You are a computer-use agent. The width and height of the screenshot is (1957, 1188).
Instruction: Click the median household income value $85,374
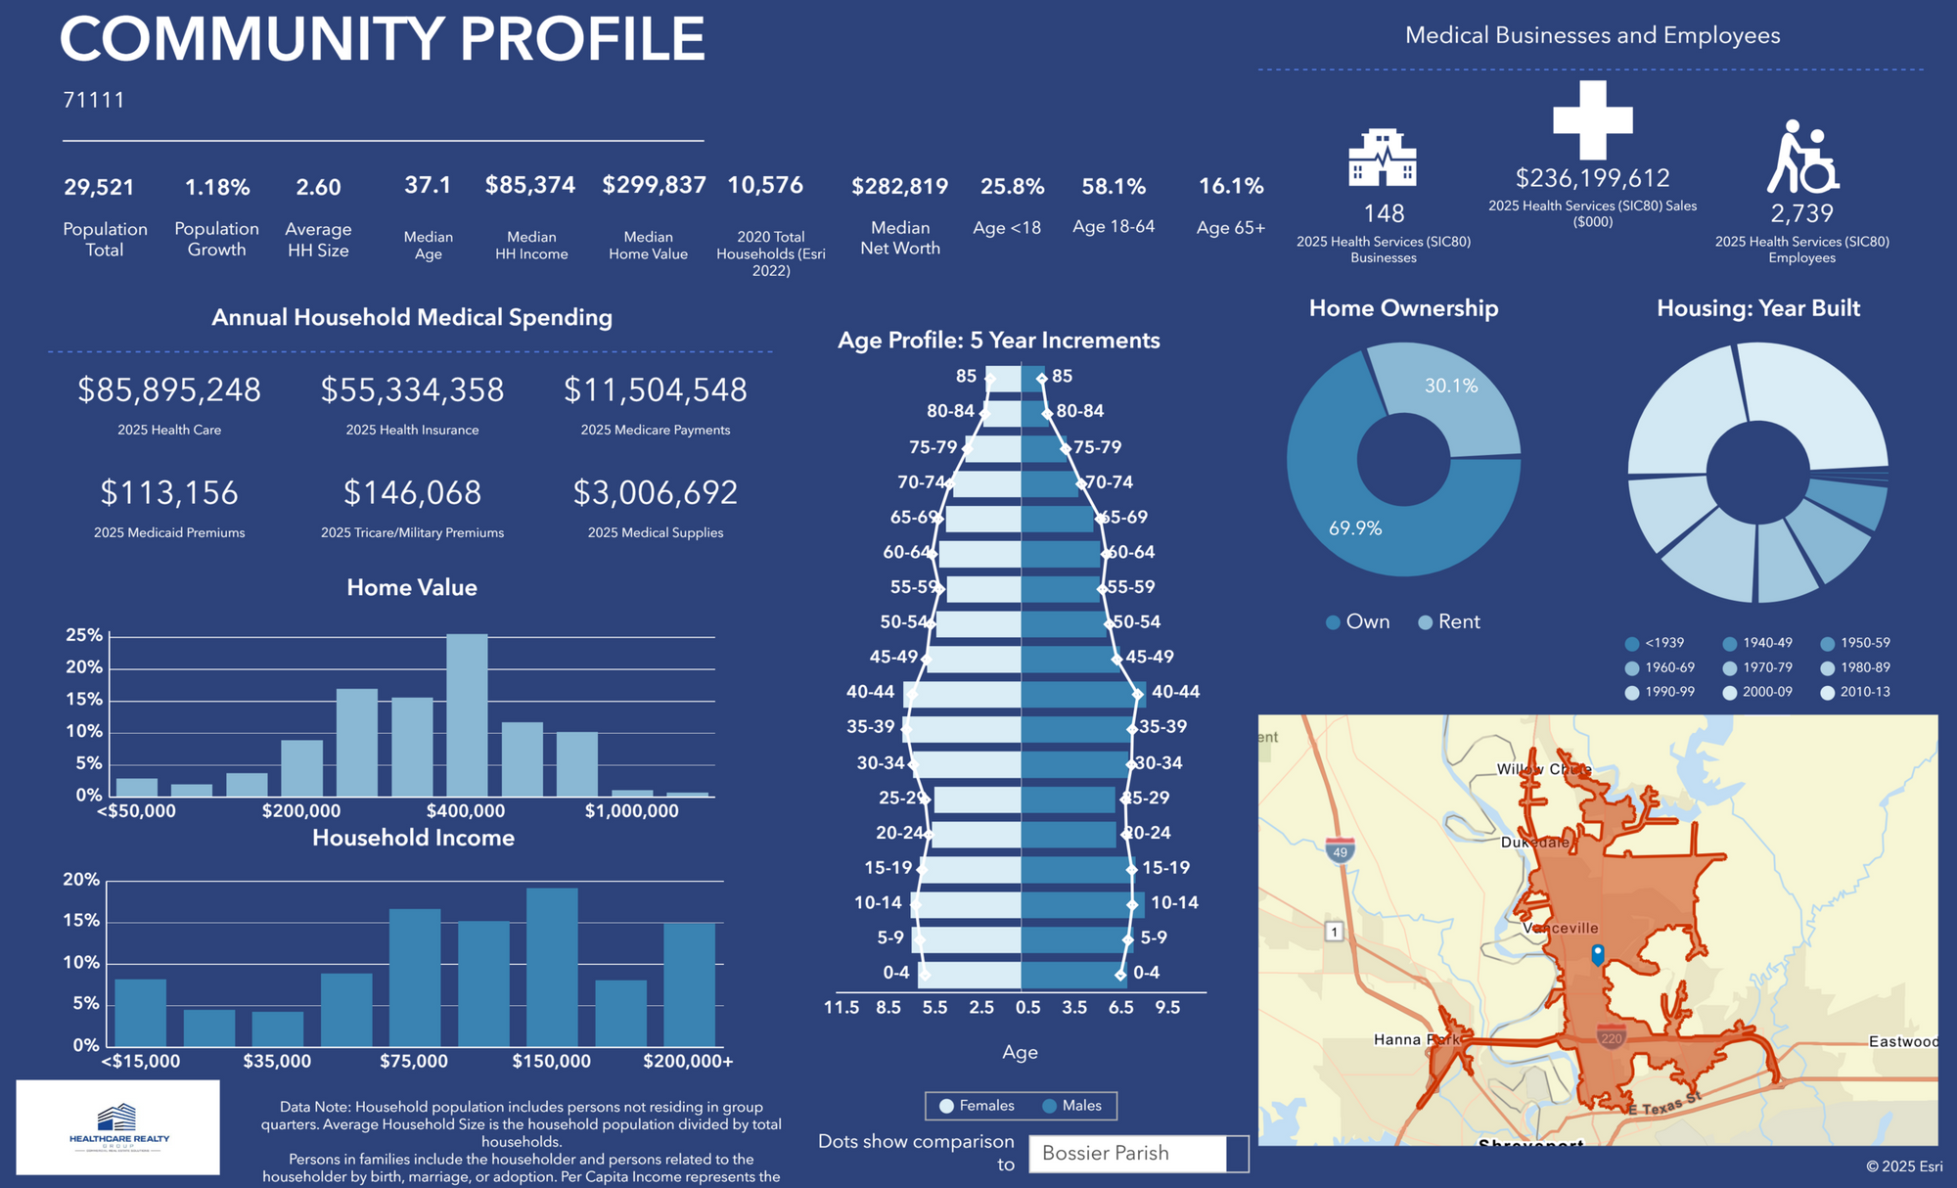click(x=529, y=185)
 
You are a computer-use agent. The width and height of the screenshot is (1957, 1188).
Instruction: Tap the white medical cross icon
click(x=1592, y=119)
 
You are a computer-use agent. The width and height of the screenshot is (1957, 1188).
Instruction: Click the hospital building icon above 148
click(x=1383, y=158)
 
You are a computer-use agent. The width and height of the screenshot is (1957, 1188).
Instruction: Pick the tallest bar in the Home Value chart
click(x=467, y=714)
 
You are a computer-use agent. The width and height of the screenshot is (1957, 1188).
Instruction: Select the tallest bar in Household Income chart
click(x=552, y=967)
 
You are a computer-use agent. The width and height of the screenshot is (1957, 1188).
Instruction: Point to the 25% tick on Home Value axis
click(x=84, y=635)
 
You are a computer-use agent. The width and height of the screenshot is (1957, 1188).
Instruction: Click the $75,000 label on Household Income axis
click(x=414, y=1061)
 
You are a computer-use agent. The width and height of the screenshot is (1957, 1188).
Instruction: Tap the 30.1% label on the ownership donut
click(x=1451, y=386)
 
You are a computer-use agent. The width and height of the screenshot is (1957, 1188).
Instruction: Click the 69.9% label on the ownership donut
click(x=1355, y=528)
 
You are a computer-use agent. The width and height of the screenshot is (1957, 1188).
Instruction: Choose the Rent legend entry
click(x=1449, y=621)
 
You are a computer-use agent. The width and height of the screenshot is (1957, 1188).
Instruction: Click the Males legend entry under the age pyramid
click(x=1072, y=1106)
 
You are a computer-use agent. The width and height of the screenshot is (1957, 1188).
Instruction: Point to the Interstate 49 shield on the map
click(x=1340, y=851)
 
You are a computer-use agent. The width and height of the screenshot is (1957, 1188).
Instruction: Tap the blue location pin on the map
click(x=1598, y=954)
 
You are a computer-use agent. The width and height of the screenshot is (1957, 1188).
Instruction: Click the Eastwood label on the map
click(x=1902, y=1041)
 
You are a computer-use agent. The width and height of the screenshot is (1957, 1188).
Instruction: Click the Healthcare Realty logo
click(x=118, y=1127)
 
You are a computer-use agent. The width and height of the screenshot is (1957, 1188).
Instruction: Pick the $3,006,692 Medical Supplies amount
click(x=655, y=493)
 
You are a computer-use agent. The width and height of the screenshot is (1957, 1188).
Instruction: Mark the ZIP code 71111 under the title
click(x=94, y=100)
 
